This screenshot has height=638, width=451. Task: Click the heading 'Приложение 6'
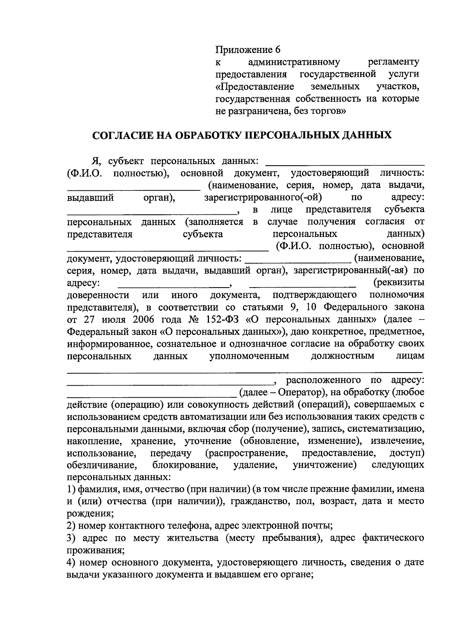click(x=248, y=50)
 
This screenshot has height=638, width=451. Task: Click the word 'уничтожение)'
click(x=324, y=465)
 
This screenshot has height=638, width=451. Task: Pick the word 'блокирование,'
click(x=186, y=465)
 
